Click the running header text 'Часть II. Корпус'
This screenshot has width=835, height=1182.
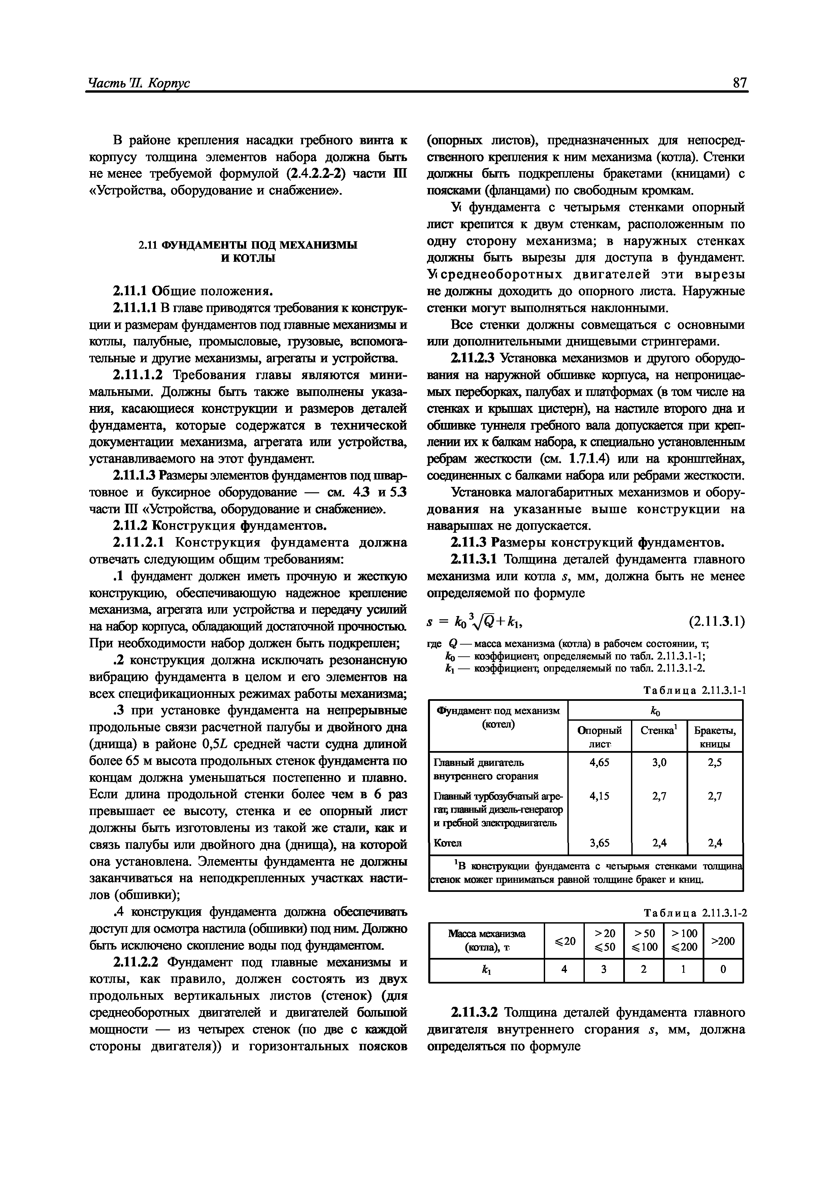139,84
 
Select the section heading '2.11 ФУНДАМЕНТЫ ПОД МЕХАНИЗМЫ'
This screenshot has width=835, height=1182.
248,245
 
